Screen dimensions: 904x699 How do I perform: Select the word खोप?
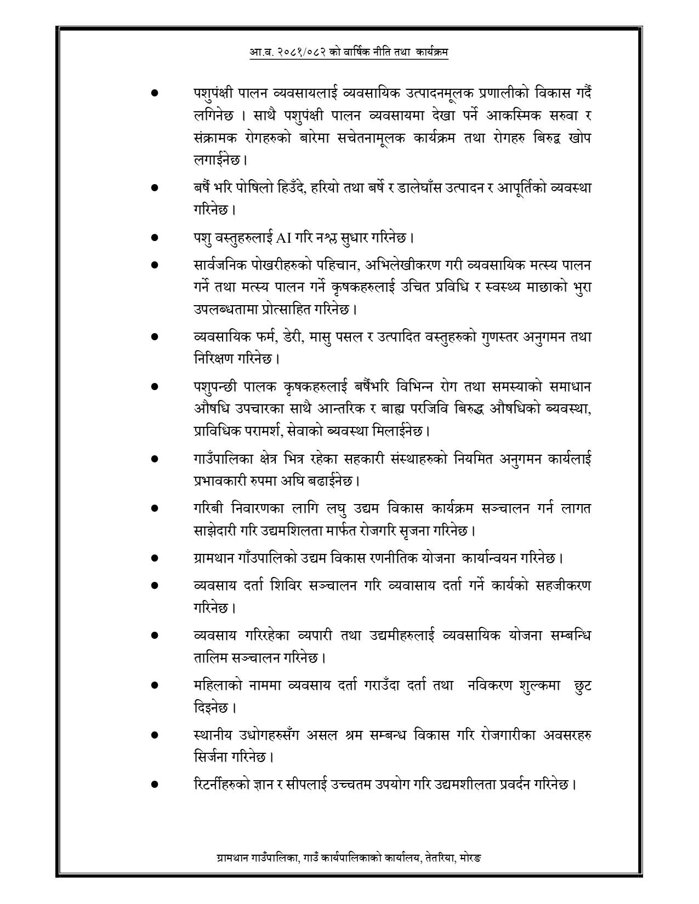579,139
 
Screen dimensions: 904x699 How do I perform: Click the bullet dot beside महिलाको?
155,685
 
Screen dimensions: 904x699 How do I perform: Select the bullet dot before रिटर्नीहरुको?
155,785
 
